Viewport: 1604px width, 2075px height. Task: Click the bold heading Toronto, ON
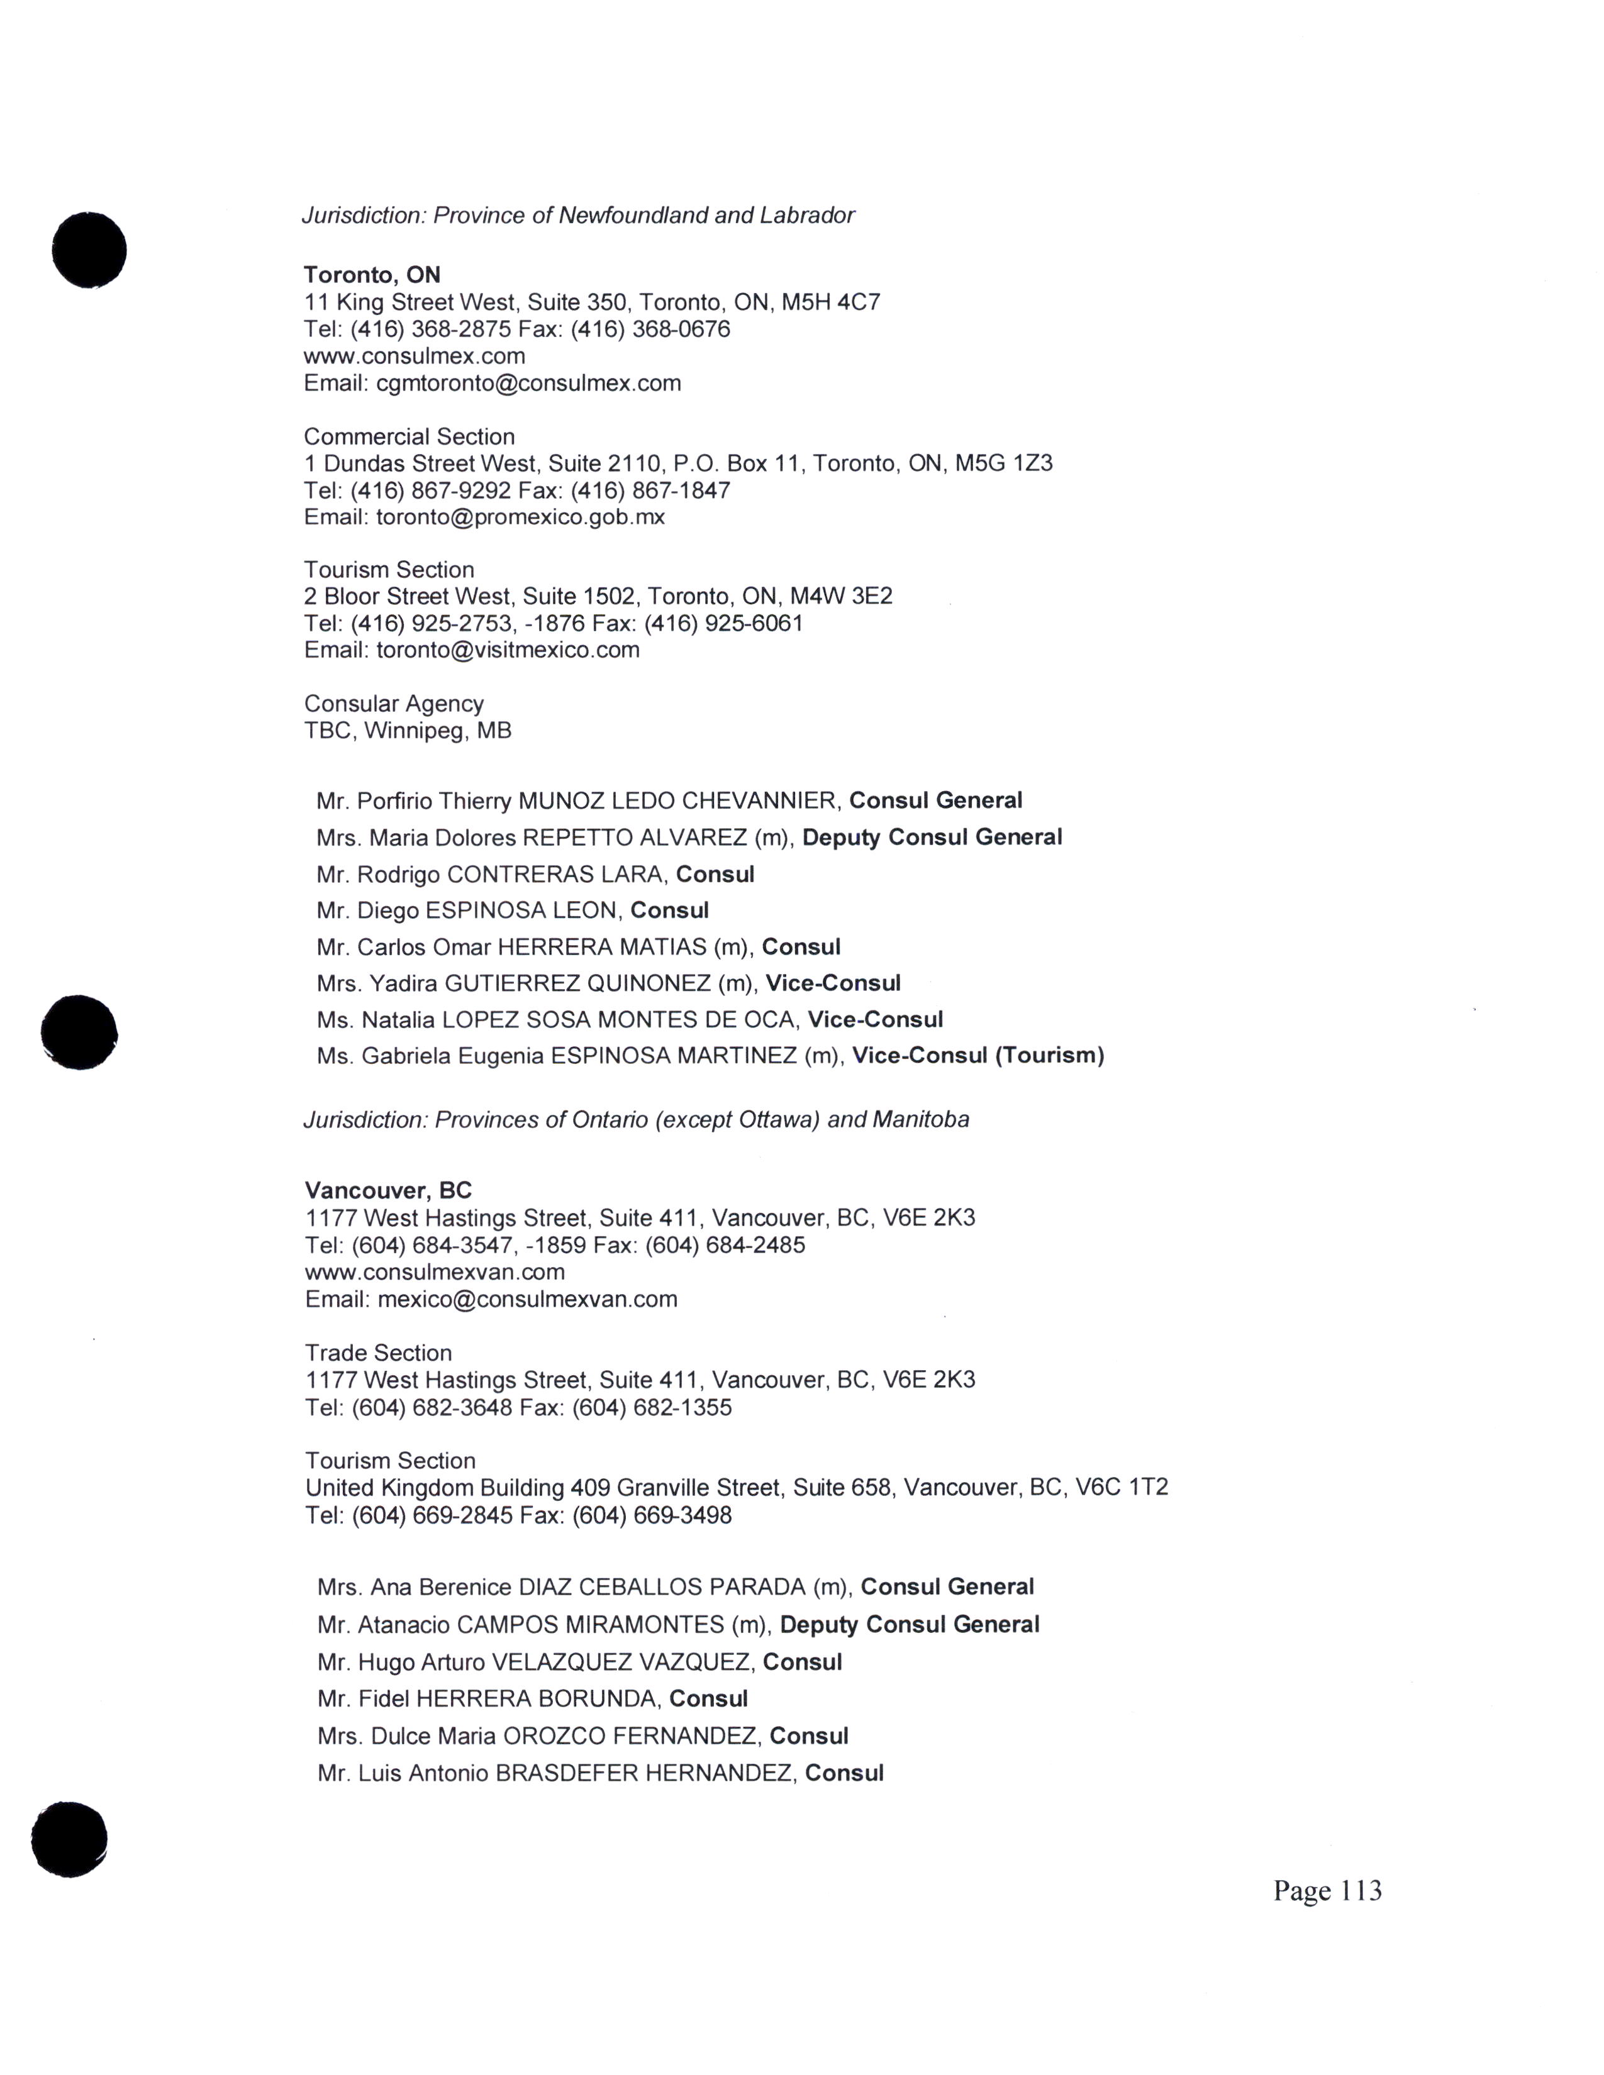pyautogui.click(x=372, y=275)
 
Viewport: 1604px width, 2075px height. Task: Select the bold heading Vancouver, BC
pyautogui.click(x=387, y=1190)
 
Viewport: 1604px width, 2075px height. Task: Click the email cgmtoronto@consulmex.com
pyautogui.click(x=528, y=383)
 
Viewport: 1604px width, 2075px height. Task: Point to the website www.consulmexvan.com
pyautogui.click(x=434, y=1271)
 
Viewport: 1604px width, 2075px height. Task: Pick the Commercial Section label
pyautogui.click(x=409, y=436)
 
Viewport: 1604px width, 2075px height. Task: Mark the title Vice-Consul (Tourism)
pyautogui.click(x=977, y=1056)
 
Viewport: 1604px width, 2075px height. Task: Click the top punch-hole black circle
pyautogui.click(x=89, y=249)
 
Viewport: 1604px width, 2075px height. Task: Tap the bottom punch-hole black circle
pyautogui.click(x=69, y=1839)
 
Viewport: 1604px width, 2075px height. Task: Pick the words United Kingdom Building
pyautogui.click(x=434, y=1487)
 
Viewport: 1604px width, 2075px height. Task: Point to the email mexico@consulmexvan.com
pyautogui.click(x=527, y=1299)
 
